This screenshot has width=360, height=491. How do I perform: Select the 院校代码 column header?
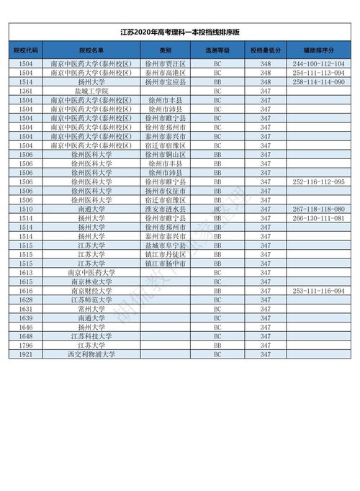(26, 50)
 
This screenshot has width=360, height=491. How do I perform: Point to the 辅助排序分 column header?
(318, 50)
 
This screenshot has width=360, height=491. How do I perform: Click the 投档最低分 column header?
(265, 50)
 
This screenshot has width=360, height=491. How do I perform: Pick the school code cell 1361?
(26, 91)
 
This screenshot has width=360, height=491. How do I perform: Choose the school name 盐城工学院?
(91, 91)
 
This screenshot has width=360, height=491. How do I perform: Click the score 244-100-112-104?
(318, 64)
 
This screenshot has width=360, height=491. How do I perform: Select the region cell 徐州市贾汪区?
(166, 64)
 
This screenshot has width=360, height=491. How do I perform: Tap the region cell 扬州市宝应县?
(166, 82)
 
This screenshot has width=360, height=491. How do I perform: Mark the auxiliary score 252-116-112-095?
(318, 182)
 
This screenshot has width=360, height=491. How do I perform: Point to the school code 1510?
(26, 209)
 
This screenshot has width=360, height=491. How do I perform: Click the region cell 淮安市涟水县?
(166, 209)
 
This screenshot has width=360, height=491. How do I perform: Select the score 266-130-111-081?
(318, 218)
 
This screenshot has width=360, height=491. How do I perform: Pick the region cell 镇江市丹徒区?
(166, 254)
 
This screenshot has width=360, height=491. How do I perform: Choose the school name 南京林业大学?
(91, 281)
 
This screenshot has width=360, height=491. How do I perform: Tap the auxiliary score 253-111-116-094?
(318, 290)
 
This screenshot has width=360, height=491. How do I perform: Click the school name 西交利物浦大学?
(91, 354)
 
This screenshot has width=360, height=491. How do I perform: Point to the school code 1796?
(26, 345)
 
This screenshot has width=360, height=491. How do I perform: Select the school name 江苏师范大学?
(91, 299)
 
